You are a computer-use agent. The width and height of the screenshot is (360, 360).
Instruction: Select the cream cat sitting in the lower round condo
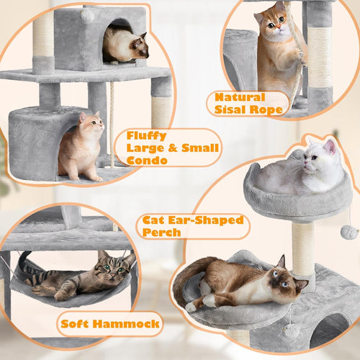[81, 148]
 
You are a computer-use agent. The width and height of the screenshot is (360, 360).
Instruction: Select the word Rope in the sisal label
[268, 110]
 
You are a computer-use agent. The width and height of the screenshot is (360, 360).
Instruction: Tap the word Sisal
[233, 110]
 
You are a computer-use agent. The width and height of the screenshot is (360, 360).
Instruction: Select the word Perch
[162, 233]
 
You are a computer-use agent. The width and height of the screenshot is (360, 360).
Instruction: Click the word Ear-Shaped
[203, 220]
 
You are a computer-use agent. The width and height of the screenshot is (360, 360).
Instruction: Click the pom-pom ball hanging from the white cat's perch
[349, 232]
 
